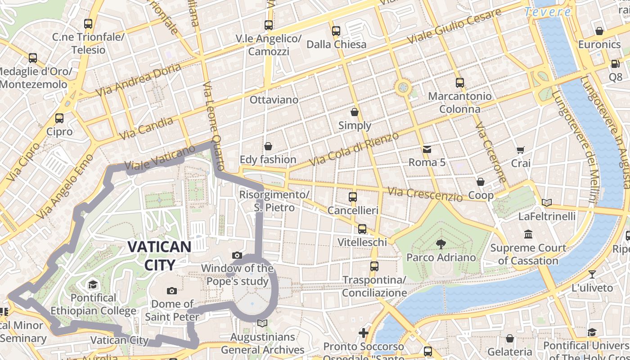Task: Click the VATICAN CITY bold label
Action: (159, 255)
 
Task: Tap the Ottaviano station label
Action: (274, 99)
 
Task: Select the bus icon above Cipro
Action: (59, 118)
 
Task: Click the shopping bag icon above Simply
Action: (355, 112)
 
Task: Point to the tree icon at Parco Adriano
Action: (441, 244)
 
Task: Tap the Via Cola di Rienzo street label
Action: (355, 148)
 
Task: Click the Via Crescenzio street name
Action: (425, 194)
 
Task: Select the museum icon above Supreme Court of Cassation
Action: (528, 234)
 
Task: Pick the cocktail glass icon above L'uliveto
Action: (592, 274)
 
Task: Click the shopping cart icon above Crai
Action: (521, 150)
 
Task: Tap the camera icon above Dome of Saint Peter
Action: (171, 291)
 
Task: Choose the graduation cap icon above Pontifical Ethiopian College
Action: (93, 284)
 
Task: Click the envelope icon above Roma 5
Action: (427, 149)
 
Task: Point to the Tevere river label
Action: (548, 12)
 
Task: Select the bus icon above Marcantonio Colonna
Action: (459, 83)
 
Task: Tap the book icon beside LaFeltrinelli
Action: (547, 203)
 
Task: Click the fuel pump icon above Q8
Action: (615, 64)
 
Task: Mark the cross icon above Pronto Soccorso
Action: (363, 333)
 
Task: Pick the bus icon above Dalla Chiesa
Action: (336, 31)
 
